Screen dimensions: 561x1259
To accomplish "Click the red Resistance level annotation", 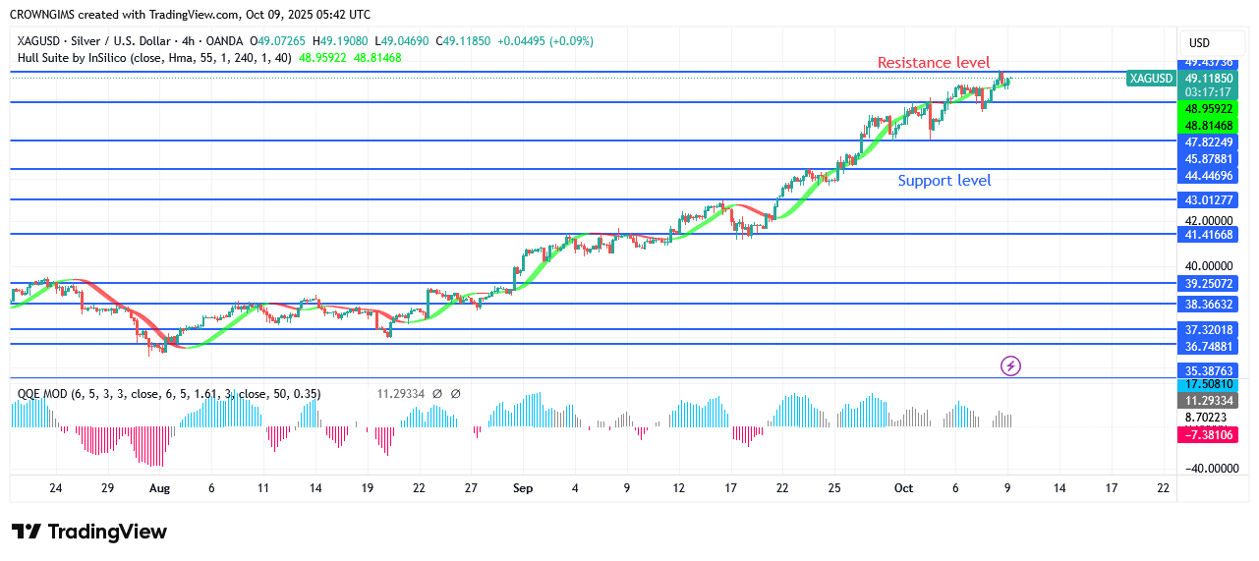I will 933,63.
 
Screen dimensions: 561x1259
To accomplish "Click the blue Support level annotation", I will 944,181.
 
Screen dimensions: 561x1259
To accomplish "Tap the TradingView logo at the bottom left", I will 89,532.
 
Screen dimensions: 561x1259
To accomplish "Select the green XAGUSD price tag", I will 1151,78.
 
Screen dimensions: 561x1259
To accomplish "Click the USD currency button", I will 1199,43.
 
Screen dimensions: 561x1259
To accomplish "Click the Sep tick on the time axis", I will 523,488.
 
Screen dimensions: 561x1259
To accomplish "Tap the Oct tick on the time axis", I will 904,488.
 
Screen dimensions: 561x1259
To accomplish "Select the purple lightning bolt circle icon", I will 1010,366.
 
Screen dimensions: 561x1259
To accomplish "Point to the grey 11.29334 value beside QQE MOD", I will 400,394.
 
